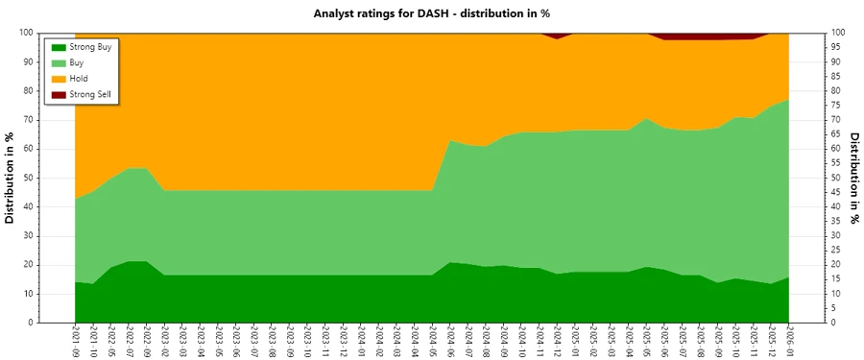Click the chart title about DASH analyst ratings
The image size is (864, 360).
(431, 13)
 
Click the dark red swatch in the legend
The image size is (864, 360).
(59, 95)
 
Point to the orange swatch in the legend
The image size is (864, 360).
(59, 79)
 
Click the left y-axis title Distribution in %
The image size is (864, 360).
(11, 178)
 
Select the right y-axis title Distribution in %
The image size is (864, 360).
(853, 178)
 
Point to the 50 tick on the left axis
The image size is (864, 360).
(29, 178)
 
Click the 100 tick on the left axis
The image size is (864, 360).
(27, 33)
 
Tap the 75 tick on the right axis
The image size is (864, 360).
(836, 106)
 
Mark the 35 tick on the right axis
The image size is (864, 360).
(836, 222)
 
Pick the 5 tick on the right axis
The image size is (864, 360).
(834, 308)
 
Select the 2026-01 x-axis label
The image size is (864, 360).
(788, 342)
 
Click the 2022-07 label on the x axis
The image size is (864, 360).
(129, 342)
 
